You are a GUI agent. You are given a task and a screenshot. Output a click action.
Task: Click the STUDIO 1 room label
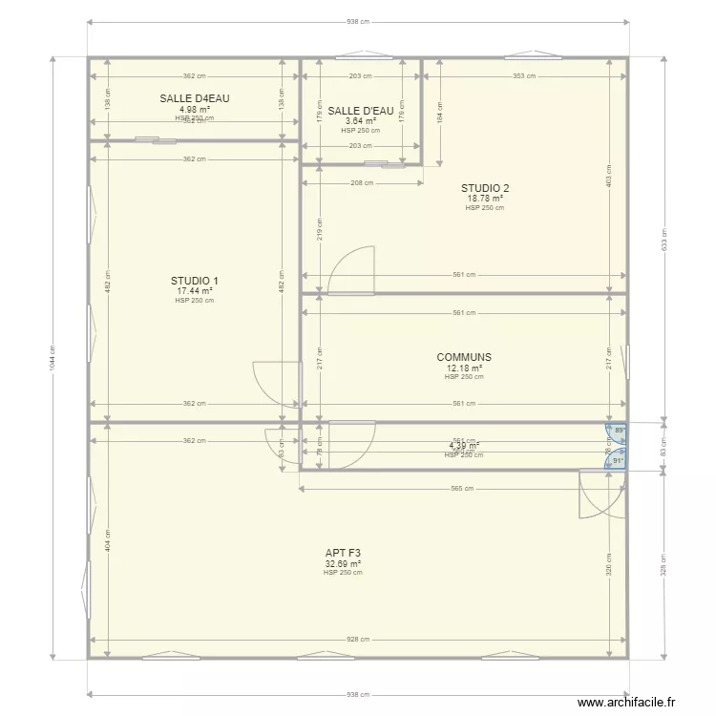[x=194, y=281]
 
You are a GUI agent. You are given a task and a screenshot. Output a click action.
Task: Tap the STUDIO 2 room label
[x=485, y=188]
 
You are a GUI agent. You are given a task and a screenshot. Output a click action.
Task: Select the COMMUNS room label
[x=464, y=357]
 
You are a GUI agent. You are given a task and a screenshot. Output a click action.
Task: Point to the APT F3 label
[x=343, y=553]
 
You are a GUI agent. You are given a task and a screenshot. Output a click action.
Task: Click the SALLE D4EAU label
[x=195, y=98]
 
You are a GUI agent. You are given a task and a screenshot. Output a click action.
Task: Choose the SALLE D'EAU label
[x=361, y=111]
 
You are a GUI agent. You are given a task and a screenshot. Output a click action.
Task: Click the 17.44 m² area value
[x=194, y=291]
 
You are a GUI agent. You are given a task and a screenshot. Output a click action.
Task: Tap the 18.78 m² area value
[x=485, y=199]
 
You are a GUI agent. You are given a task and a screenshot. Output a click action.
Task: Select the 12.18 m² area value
[x=464, y=368]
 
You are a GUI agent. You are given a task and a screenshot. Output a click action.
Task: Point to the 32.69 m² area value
[x=343, y=563]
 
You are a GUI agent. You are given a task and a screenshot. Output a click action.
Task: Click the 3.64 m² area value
[x=361, y=121]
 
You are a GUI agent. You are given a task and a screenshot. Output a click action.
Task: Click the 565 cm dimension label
[x=462, y=489]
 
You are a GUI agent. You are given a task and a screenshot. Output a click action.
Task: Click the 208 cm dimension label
[x=362, y=181]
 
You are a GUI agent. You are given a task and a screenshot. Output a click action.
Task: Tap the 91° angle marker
[x=618, y=461]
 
